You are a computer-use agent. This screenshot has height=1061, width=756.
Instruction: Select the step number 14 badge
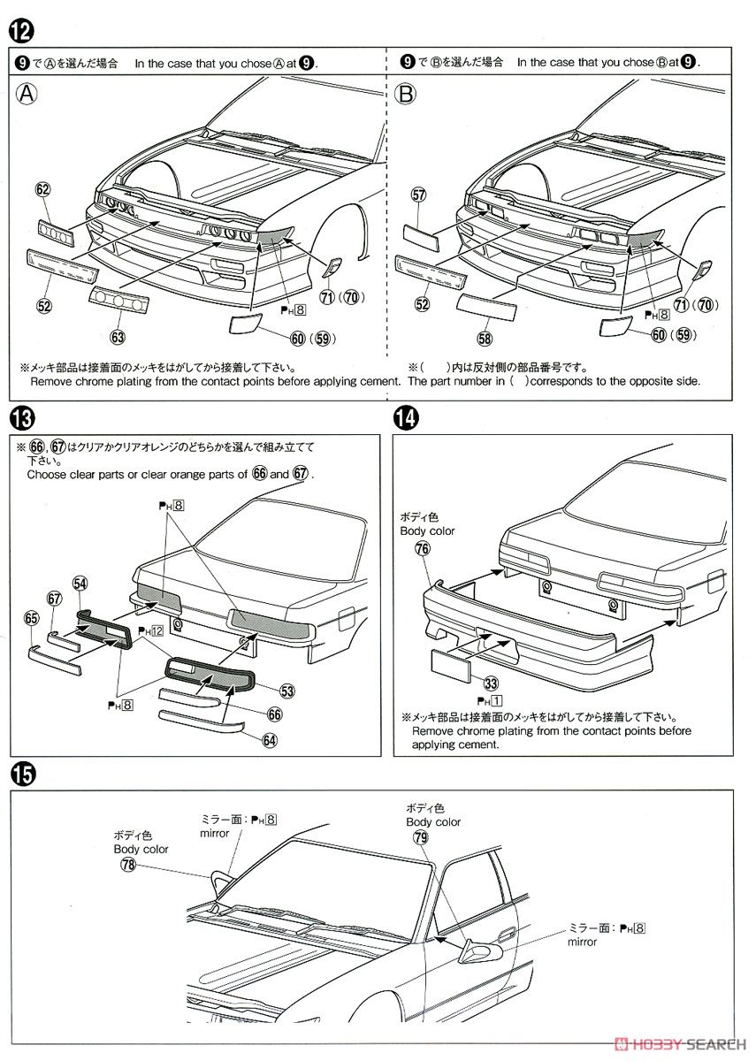406,417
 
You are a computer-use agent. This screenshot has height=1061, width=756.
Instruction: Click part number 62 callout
43,188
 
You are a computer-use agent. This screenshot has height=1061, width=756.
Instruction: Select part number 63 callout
118,336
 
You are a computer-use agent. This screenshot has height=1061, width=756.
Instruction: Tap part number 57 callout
419,194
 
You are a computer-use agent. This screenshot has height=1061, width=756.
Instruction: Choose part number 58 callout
485,337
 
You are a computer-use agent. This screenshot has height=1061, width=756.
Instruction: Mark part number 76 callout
423,549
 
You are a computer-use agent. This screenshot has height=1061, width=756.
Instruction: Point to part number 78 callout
129,866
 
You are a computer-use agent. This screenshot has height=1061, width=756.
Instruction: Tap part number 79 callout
420,837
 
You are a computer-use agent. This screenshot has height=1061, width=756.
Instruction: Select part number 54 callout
80,584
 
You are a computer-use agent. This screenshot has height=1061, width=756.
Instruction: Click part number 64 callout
269,741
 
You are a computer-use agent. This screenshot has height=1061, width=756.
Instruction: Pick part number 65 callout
33,618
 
